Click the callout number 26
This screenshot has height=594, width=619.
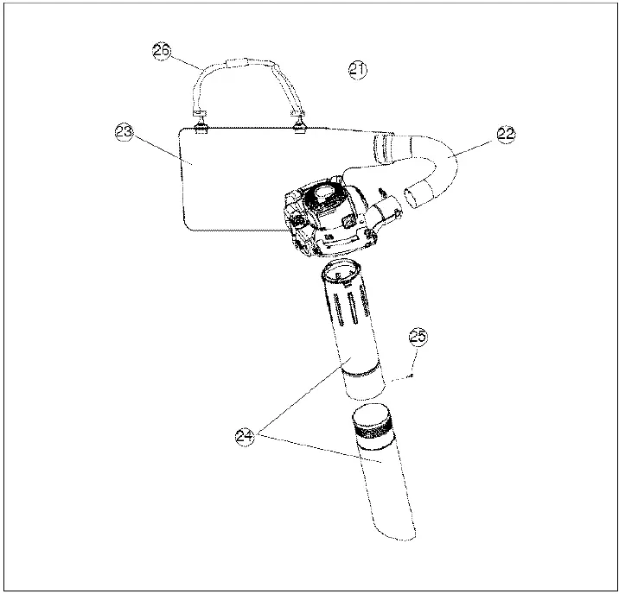tap(162, 51)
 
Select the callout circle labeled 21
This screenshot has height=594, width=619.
tap(358, 70)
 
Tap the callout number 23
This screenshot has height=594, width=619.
tap(124, 132)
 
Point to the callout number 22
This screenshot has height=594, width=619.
tap(506, 133)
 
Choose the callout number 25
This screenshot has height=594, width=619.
tap(418, 338)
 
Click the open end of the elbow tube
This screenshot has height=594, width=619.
tap(419, 195)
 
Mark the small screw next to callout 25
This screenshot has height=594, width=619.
tap(412, 374)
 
